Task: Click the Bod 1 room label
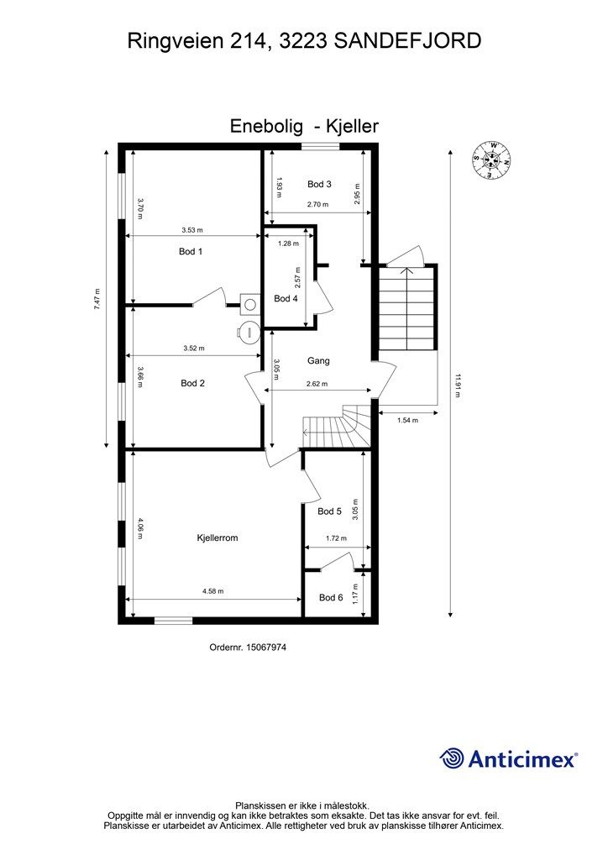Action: coord(191,251)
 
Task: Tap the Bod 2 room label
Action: coord(192,383)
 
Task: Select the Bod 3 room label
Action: coord(319,184)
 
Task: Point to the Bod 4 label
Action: coord(286,298)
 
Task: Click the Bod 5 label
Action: coord(329,511)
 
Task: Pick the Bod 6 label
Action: coord(331,597)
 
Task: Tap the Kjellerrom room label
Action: coord(218,538)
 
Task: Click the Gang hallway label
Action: coord(318,360)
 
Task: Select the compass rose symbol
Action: coord(492,160)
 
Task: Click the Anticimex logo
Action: coord(508,759)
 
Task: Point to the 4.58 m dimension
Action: coord(212,591)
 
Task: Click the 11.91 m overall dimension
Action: coord(457,385)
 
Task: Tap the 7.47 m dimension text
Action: coord(97,300)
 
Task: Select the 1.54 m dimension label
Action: coord(407,421)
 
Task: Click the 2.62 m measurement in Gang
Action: coord(317,384)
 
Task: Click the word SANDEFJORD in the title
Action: coord(407,41)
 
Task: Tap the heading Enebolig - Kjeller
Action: coord(304,126)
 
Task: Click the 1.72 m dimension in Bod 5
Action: coord(336,538)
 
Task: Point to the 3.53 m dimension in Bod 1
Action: coord(191,230)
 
